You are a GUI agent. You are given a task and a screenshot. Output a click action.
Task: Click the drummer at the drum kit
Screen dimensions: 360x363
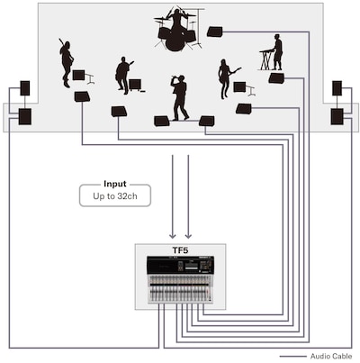tap(177, 29)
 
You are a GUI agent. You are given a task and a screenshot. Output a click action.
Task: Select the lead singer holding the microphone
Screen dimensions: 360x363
tap(180, 97)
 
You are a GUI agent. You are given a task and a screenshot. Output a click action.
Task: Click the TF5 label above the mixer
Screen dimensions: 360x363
tap(180, 250)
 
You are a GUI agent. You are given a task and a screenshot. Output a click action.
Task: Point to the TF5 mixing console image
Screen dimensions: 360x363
tap(180, 279)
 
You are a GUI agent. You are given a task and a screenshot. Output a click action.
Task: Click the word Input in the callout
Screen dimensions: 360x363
tap(115, 184)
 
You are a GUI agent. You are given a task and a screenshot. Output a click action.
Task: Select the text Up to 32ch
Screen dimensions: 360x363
tap(115, 196)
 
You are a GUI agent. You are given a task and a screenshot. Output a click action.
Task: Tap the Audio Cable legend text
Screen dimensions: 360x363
tap(331, 356)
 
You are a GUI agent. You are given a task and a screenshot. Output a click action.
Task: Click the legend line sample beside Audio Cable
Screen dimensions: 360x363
tap(292, 357)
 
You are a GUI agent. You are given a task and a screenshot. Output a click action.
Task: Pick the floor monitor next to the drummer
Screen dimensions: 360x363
tap(215, 32)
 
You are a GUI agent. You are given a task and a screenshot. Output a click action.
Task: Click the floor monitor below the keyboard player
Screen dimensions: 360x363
tap(276, 77)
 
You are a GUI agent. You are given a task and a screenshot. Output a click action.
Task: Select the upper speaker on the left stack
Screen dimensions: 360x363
tap(25, 88)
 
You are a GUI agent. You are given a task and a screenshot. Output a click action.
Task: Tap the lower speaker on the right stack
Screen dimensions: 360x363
tap(337, 116)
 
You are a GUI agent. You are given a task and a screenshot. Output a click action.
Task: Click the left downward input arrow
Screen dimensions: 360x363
tap(172, 196)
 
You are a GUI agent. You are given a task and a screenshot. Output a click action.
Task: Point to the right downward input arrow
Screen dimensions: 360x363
tap(188, 196)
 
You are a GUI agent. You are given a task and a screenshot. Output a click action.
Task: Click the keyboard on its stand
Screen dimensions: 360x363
tap(266, 59)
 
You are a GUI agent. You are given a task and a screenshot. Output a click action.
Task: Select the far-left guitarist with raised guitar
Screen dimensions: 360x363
tap(67, 62)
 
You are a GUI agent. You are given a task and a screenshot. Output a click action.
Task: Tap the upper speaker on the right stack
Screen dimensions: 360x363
tap(337, 88)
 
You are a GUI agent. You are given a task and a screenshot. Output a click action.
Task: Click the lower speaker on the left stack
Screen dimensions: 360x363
tap(25, 116)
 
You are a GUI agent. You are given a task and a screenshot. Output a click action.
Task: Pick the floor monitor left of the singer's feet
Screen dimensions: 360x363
tap(162, 121)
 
